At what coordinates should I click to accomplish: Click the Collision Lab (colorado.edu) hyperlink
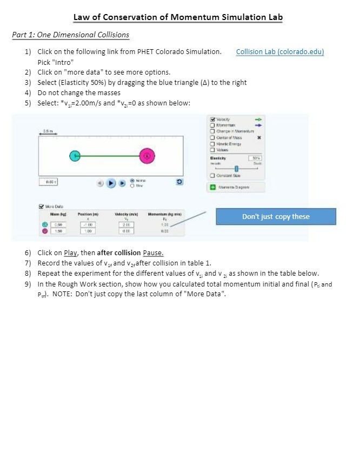[x=280, y=52]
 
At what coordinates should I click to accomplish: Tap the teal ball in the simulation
[x=75, y=156]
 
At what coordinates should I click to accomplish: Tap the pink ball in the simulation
[x=147, y=156]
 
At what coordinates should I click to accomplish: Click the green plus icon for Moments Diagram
[x=212, y=187]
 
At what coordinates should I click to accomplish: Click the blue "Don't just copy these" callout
[x=276, y=217]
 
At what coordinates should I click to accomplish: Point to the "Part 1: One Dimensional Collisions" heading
[x=70, y=35]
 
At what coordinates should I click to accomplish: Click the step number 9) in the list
[x=28, y=283]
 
